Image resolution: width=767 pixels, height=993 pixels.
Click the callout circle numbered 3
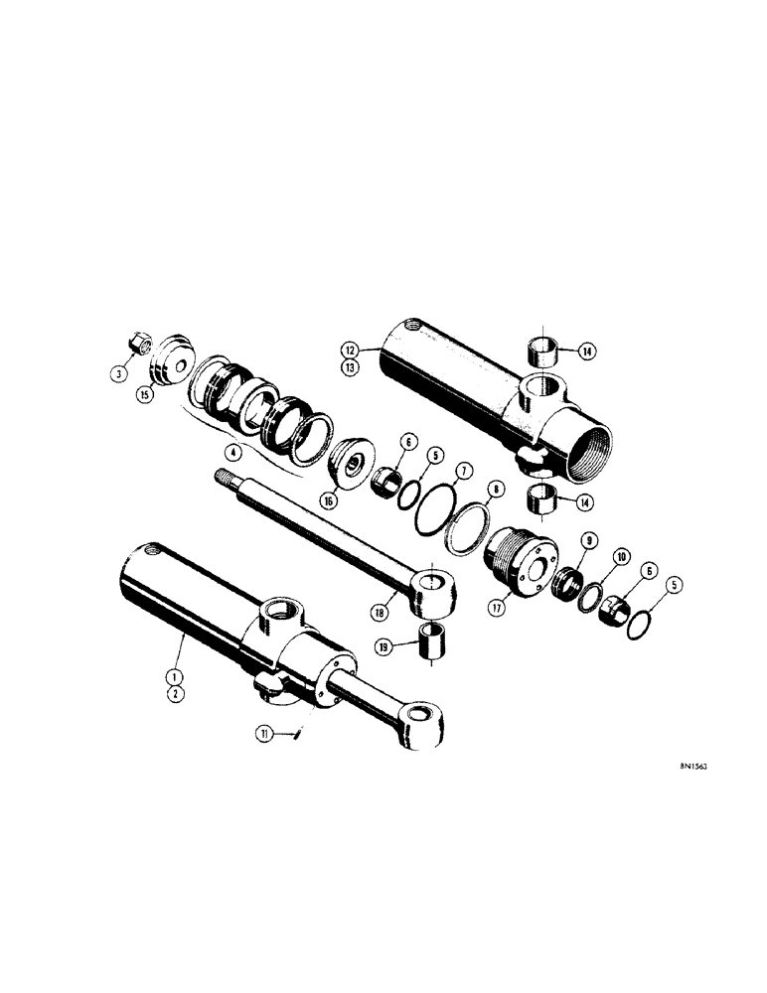point(118,373)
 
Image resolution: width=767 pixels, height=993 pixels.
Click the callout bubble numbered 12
point(349,350)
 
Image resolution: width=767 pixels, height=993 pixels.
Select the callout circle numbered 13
point(349,366)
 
